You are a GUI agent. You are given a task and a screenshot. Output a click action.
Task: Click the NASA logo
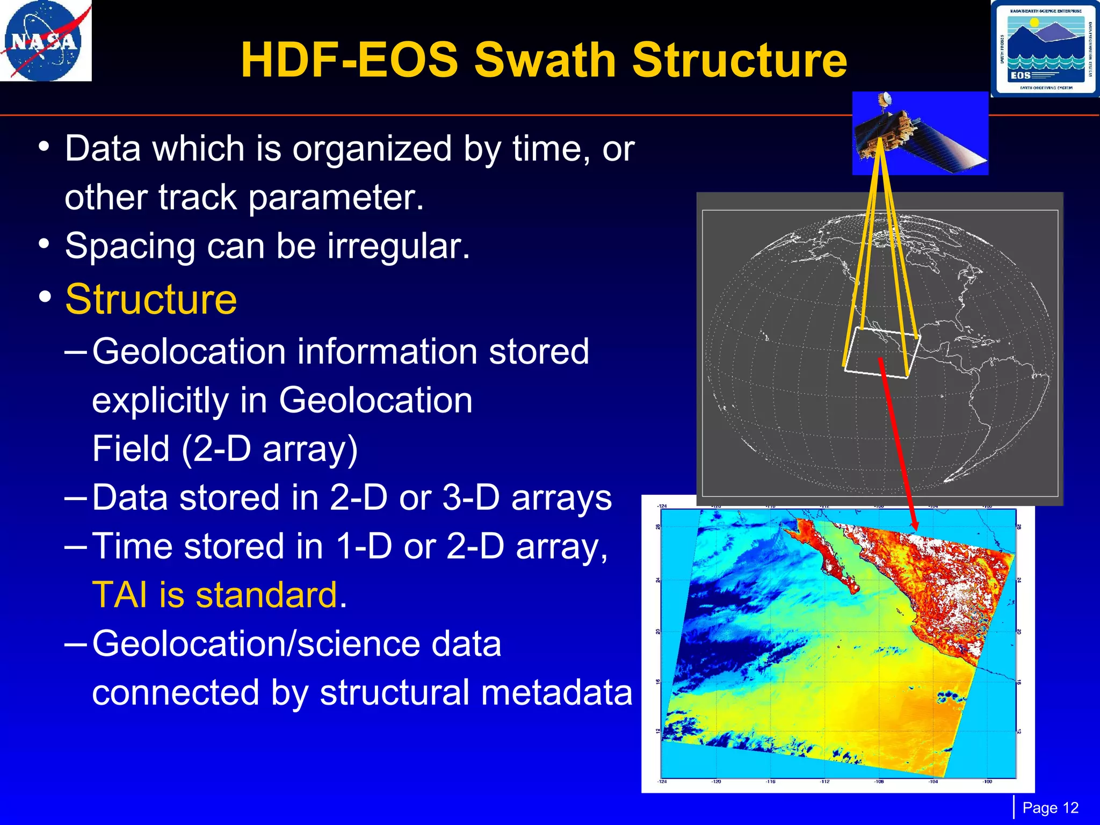pyautogui.click(x=45, y=41)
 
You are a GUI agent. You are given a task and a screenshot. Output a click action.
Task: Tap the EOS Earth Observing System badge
pyautogui.click(x=1045, y=49)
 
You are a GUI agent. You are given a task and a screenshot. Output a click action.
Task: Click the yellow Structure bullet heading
pyautogui.click(x=151, y=299)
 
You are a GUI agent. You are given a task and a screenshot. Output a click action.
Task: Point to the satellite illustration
pyautogui.click(x=920, y=133)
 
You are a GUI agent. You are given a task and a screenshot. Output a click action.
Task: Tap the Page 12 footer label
pyautogui.click(x=1050, y=808)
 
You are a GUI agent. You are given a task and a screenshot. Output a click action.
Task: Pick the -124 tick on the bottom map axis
pyautogui.click(x=662, y=781)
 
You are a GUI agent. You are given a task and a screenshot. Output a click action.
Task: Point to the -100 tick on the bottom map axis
pyautogui.click(x=987, y=781)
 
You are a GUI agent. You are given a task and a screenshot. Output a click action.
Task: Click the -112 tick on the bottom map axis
pyautogui.click(x=824, y=781)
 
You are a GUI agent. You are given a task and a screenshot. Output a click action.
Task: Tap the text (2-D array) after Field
pyautogui.click(x=270, y=449)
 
